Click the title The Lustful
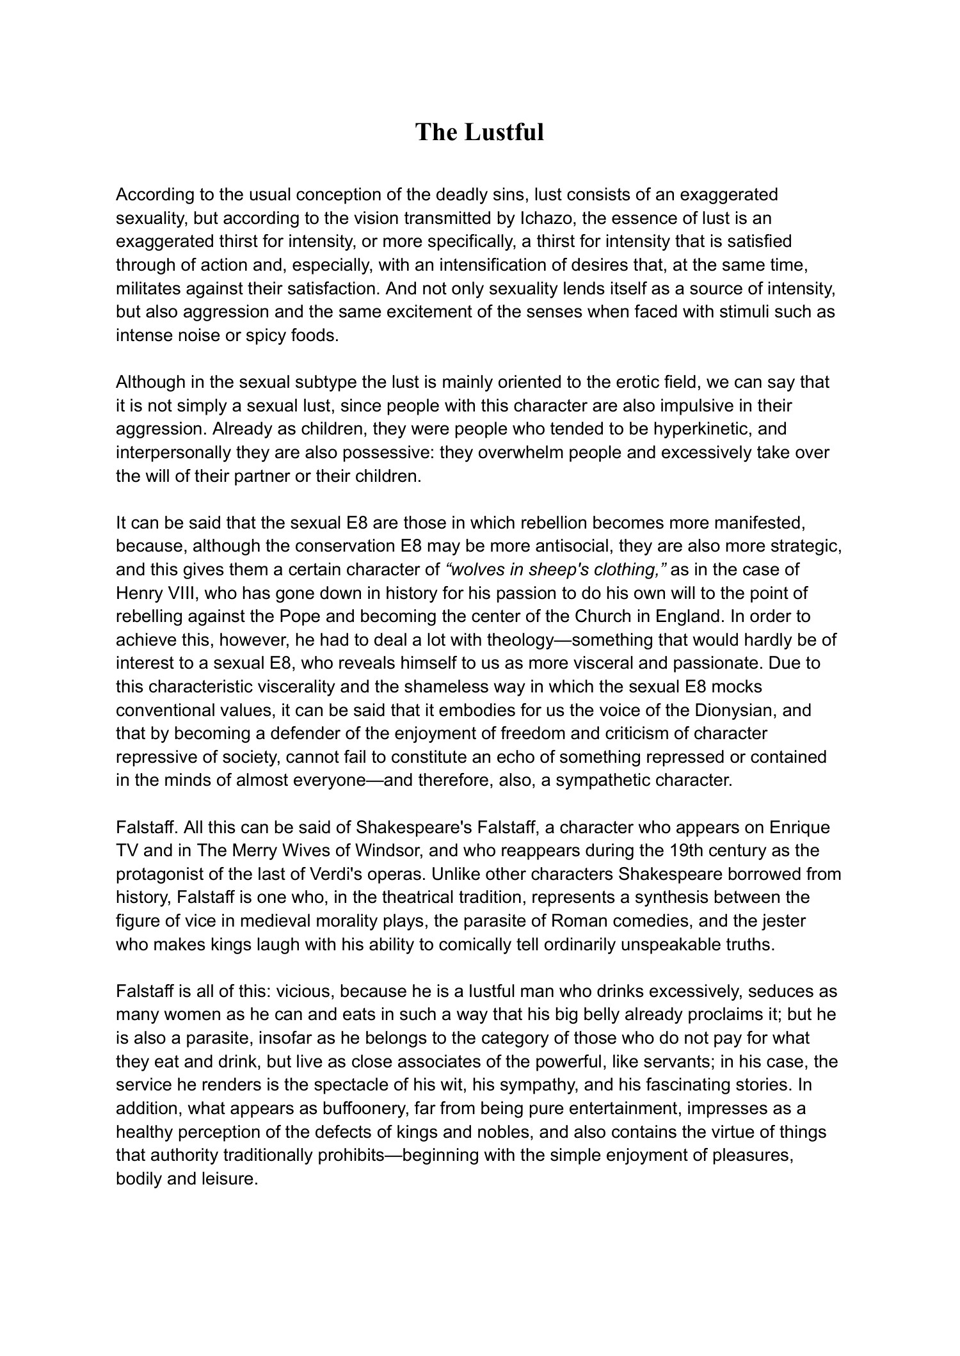[x=479, y=132]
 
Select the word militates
[x=148, y=289]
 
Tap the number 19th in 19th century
[x=669, y=851]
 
